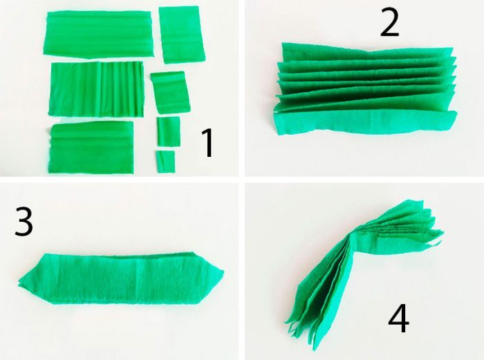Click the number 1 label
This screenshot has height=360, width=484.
207,143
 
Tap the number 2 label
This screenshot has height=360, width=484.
389,22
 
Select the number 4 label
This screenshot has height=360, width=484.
398,318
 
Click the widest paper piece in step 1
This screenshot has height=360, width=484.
98,34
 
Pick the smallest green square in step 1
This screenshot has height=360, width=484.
165,161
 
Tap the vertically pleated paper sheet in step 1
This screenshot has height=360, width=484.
97,89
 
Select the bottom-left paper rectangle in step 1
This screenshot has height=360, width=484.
91,147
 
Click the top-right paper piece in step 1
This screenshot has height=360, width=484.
181,35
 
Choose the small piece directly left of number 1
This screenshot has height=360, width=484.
168,131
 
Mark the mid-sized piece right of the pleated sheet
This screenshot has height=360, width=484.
170,92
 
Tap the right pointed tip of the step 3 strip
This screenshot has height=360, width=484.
223,272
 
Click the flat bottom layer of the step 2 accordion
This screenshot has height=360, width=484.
364,122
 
